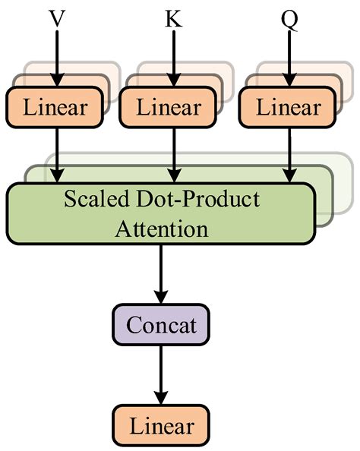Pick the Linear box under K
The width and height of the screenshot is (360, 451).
172,107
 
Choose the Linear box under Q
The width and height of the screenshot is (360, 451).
288,107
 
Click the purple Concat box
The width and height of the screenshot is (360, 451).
160,326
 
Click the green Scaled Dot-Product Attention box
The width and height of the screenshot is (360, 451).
160,213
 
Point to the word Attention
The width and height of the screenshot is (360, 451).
160,228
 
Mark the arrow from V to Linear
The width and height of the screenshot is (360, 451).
56,57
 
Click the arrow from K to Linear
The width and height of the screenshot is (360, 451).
174,57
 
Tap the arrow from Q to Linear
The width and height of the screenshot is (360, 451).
289,57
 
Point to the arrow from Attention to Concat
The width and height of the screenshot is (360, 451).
160,273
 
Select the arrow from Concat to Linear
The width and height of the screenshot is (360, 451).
160,375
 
